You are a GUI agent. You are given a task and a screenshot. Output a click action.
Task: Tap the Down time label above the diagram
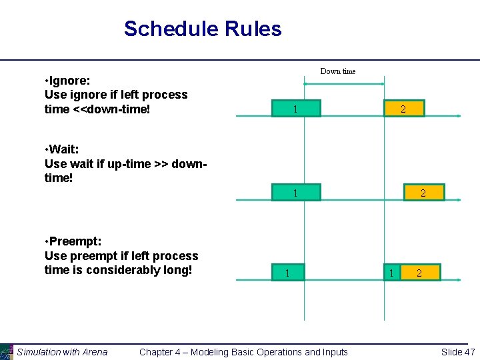click(x=338, y=71)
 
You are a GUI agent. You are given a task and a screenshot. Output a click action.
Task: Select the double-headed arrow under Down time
click(x=343, y=83)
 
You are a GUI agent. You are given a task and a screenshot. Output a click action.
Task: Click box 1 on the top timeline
click(x=295, y=109)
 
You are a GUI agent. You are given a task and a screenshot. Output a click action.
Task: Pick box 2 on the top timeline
click(x=403, y=109)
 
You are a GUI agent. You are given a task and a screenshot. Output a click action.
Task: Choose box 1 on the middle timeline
click(x=295, y=193)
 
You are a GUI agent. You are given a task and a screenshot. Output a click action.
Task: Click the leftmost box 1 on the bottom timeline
click(x=287, y=273)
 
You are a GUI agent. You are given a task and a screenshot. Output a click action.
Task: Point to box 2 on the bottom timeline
click(x=419, y=273)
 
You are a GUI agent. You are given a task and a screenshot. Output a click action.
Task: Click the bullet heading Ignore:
click(x=67, y=80)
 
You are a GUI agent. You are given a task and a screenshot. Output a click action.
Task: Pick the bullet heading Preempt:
click(x=72, y=241)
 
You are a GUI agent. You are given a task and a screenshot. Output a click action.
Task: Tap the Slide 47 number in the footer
click(x=457, y=352)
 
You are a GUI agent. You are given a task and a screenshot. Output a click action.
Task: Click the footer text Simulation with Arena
click(x=62, y=352)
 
